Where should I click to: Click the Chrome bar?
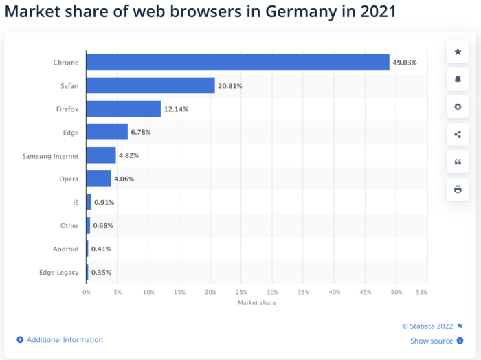[237, 63]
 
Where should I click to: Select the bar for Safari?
[150, 86]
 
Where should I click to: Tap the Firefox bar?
[124, 109]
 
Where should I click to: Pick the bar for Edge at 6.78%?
[107, 132]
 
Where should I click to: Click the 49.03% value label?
[404, 63]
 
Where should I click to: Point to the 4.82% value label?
[128, 156]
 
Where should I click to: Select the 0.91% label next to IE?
[104, 203]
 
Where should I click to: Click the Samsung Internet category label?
[50, 156]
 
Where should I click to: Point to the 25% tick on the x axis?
[241, 292]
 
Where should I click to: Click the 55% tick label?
[422, 292]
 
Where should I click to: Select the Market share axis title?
[256, 303]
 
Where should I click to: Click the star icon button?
[458, 52]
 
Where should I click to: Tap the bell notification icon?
[458, 79]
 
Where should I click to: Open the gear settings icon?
[458, 106]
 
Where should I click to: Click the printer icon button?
[458, 189]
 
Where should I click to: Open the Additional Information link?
[65, 339]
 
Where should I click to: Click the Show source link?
[432, 341]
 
